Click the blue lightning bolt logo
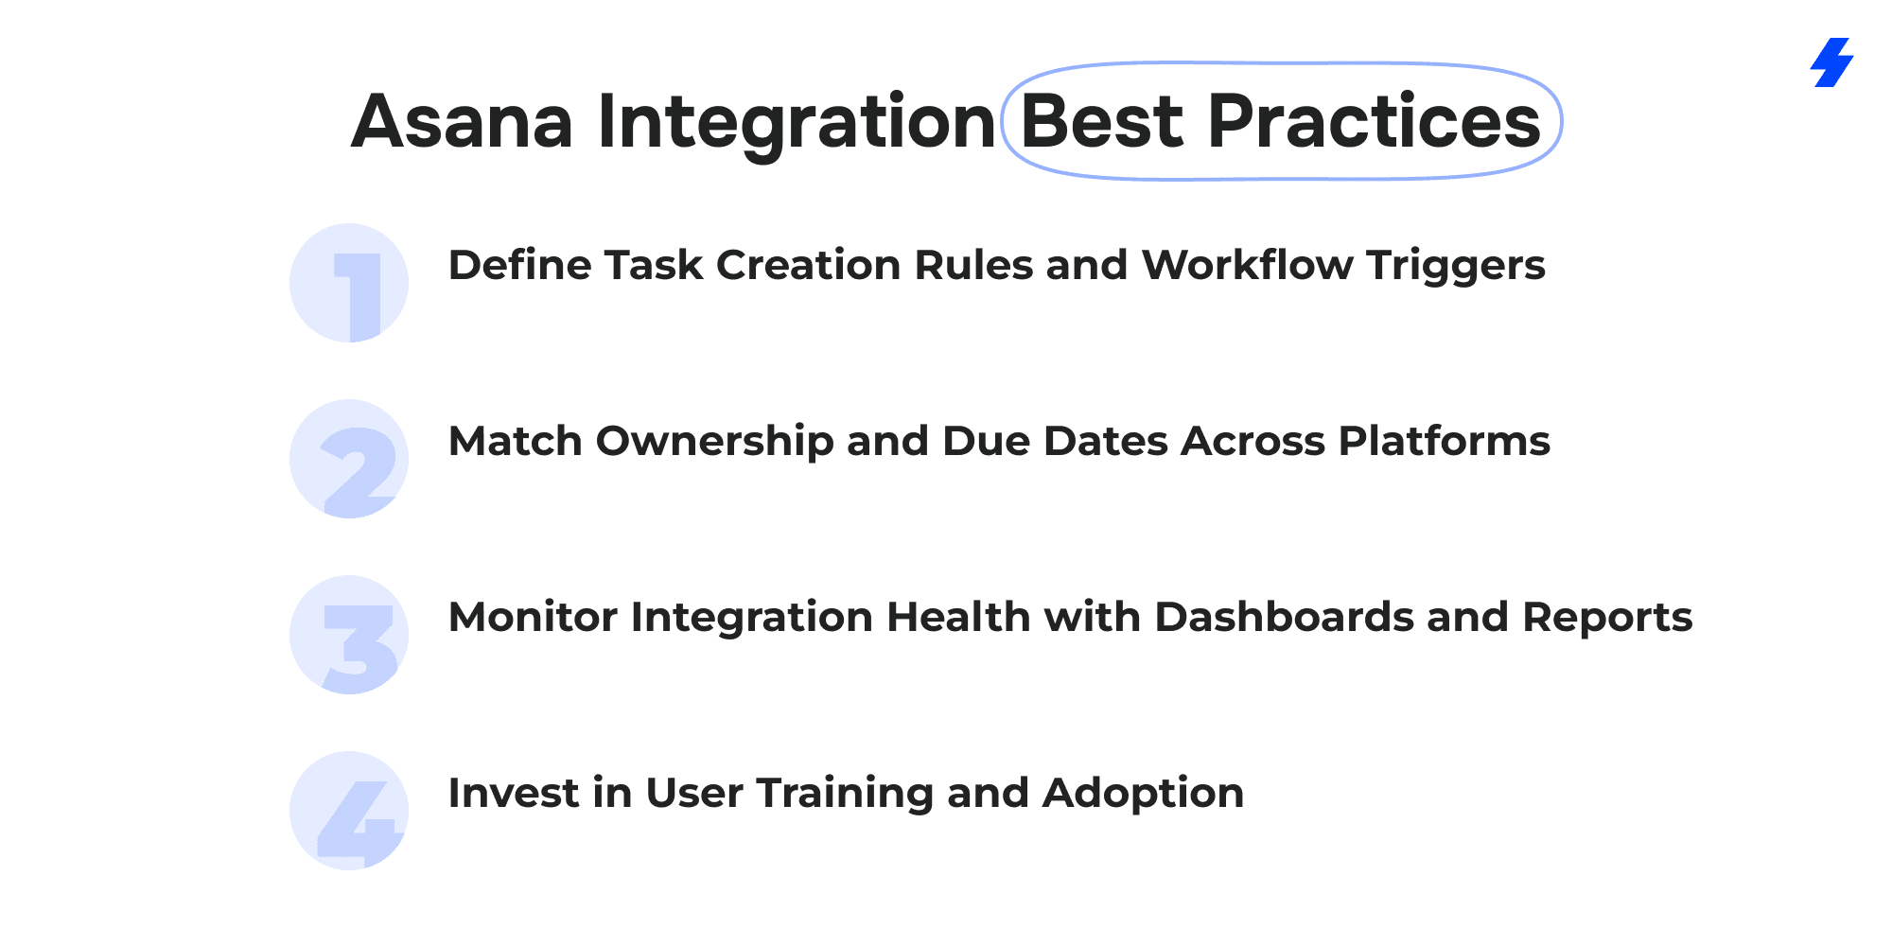click(1832, 62)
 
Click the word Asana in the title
click(463, 122)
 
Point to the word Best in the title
click(1102, 121)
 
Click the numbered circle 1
click(349, 283)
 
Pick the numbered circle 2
click(349, 459)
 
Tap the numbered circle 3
click(349, 635)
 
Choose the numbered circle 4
click(349, 811)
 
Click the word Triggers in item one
click(1456, 267)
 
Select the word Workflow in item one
click(1247, 265)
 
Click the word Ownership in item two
click(714, 443)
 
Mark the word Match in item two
click(516, 441)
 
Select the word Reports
click(1607, 619)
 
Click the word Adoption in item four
click(1143, 795)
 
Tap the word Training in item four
click(845, 795)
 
